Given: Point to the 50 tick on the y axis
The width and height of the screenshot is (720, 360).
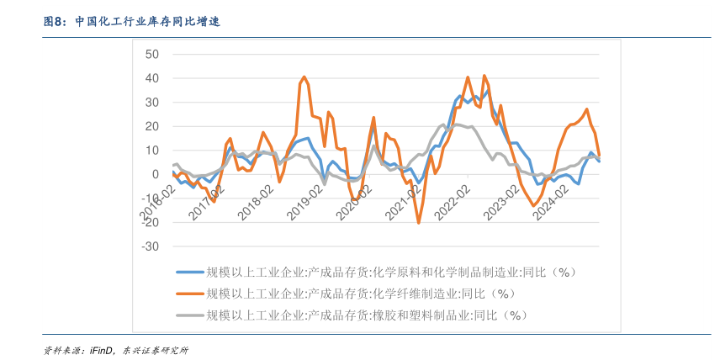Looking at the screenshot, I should [152, 54].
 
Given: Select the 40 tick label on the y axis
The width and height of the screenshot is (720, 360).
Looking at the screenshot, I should [152, 78].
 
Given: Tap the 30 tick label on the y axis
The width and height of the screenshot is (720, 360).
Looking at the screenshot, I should [152, 103].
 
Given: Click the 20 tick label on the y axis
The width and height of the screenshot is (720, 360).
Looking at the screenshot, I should [152, 126].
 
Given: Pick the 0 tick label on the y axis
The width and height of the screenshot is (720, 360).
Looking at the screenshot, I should [156, 175].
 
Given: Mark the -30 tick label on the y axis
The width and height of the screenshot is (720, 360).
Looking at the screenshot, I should [151, 247].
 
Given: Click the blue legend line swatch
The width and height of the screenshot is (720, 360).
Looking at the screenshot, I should [189, 272].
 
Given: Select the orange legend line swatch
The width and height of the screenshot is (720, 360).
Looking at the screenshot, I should [189, 294].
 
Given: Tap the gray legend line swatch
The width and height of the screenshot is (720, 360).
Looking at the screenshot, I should [189, 315].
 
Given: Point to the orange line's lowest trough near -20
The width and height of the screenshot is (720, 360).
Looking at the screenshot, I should [419, 223].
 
